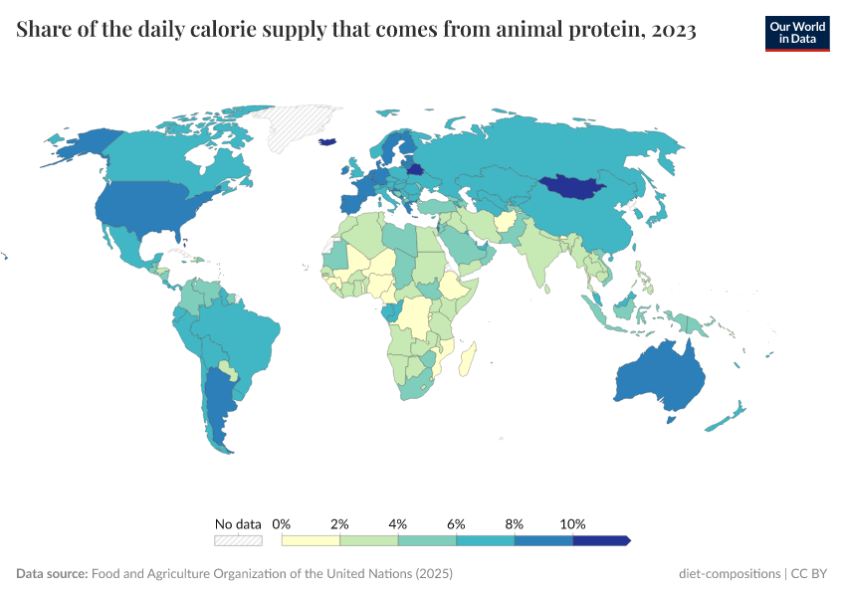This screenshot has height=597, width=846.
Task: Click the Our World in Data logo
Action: [797, 32]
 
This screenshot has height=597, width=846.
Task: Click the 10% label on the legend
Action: [573, 523]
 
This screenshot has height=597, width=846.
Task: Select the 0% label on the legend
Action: [282, 523]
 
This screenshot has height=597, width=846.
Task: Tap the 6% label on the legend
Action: [456, 523]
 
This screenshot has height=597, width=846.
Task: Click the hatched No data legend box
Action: [238, 540]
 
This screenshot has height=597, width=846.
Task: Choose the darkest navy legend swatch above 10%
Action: [601, 540]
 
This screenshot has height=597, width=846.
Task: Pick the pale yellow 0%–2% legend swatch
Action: [311, 540]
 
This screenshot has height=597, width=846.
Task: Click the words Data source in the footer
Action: [52, 574]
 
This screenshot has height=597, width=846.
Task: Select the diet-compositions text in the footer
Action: [730, 574]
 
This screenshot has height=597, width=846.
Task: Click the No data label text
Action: [238, 523]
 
